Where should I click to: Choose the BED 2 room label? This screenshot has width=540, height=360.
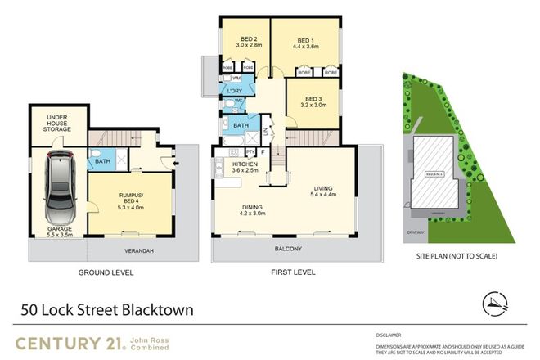(x=250, y=40)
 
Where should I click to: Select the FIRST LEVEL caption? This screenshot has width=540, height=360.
(x=289, y=272)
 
